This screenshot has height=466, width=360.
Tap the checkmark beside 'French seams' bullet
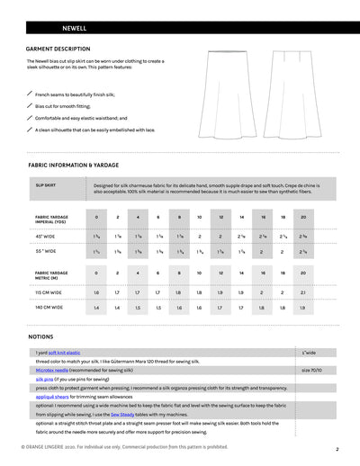coord(31,94)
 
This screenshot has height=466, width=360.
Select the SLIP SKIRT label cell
coord(46,184)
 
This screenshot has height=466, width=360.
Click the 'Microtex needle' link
coord(53,370)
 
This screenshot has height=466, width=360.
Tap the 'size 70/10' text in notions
coord(317,370)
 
